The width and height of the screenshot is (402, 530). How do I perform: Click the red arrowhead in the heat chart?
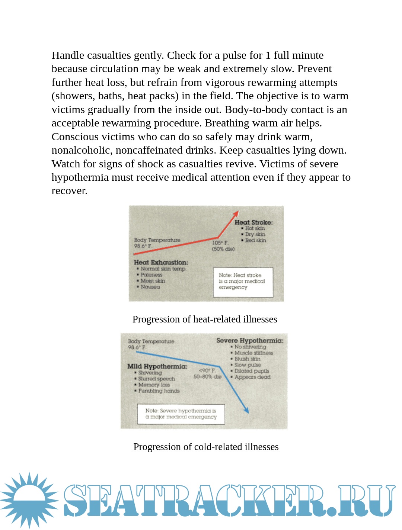[x=236, y=213]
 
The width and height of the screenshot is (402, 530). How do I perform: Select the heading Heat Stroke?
[x=253, y=222]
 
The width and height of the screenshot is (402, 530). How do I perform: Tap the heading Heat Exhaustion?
[x=161, y=262]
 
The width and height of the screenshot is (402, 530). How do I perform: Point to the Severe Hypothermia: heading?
[x=250, y=340]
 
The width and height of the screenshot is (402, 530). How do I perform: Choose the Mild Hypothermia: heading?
[x=157, y=366]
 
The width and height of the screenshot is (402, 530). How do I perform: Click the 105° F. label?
[x=220, y=242]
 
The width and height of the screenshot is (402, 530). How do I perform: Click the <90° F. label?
[x=207, y=370]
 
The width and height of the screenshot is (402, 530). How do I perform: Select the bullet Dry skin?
[x=255, y=234]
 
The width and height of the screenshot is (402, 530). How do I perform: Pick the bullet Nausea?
[x=150, y=287]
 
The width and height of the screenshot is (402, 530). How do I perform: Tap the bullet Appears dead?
[x=252, y=377]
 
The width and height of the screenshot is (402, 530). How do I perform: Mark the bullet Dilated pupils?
[x=252, y=371]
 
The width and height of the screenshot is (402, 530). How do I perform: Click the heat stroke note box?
[x=243, y=282]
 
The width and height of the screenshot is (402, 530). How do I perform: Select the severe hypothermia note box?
[x=181, y=414]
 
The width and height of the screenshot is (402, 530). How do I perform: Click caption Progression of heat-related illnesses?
[x=205, y=319]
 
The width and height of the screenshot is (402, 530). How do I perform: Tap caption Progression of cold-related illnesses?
[x=206, y=447]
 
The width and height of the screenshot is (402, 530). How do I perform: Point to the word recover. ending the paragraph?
[x=70, y=191]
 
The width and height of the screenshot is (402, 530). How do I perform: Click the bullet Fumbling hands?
[x=159, y=391]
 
